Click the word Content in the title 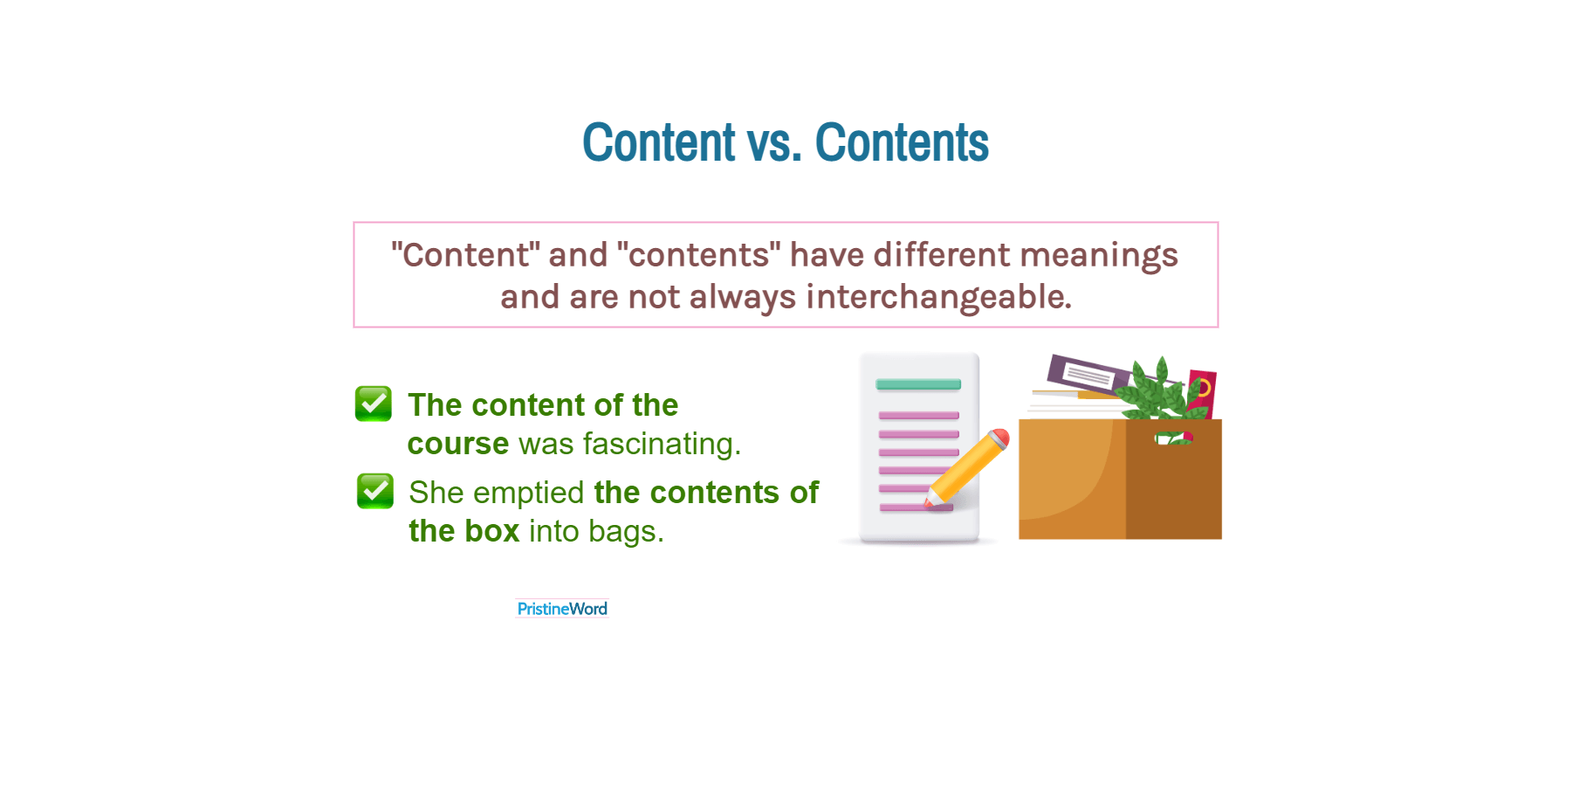(x=659, y=142)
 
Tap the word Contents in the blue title (x=902, y=142)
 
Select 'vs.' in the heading (x=774, y=144)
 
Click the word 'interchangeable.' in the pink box (x=938, y=297)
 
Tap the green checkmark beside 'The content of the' (x=374, y=404)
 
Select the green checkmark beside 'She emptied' (x=375, y=491)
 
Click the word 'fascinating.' (x=662, y=444)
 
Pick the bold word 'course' (x=458, y=444)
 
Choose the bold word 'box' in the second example (x=492, y=531)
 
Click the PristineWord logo (x=562, y=609)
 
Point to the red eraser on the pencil (x=1000, y=437)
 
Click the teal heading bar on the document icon (x=918, y=384)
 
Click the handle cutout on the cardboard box (x=1173, y=438)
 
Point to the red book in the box (x=1203, y=390)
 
